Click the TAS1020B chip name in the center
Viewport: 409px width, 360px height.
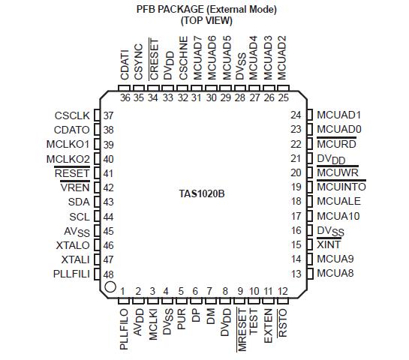pyautogui.click(x=202, y=194)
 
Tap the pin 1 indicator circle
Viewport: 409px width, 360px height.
pyautogui.click(x=110, y=286)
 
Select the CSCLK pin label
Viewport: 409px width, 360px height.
pyautogui.click(x=72, y=115)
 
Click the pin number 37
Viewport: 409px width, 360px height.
pyautogui.click(x=108, y=115)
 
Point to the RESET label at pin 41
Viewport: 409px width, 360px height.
pyautogui.click(x=72, y=173)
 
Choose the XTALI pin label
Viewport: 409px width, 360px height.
pyautogui.click(x=75, y=259)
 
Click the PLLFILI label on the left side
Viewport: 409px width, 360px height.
pyautogui.click(x=71, y=274)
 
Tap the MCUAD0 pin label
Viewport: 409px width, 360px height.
pyautogui.click(x=339, y=129)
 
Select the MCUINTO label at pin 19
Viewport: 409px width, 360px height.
pyautogui.click(x=341, y=187)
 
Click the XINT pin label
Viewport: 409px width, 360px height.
pyautogui.click(x=329, y=244)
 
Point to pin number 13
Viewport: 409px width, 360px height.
pyautogui.click(x=296, y=274)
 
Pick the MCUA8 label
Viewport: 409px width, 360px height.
pyautogui.click(x=335, y=273)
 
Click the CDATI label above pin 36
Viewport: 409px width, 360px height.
pyautogui.click(x=125, y=64)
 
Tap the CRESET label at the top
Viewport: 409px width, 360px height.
pyautogui.click(x=154, y=59)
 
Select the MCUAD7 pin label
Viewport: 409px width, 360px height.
pyautogui.click(x=197, y=58)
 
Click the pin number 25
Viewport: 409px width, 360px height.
pyautogui.click(x=283, y=97)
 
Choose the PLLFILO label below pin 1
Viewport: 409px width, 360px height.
pyautogui.click(x=124, y=329)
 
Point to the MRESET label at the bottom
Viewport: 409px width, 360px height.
pyautogui.click(x=242, y=330)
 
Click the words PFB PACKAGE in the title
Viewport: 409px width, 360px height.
pyautogui.click(x=170, y=10)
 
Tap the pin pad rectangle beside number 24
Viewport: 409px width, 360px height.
pyautogui.click(x=310, y=115)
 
